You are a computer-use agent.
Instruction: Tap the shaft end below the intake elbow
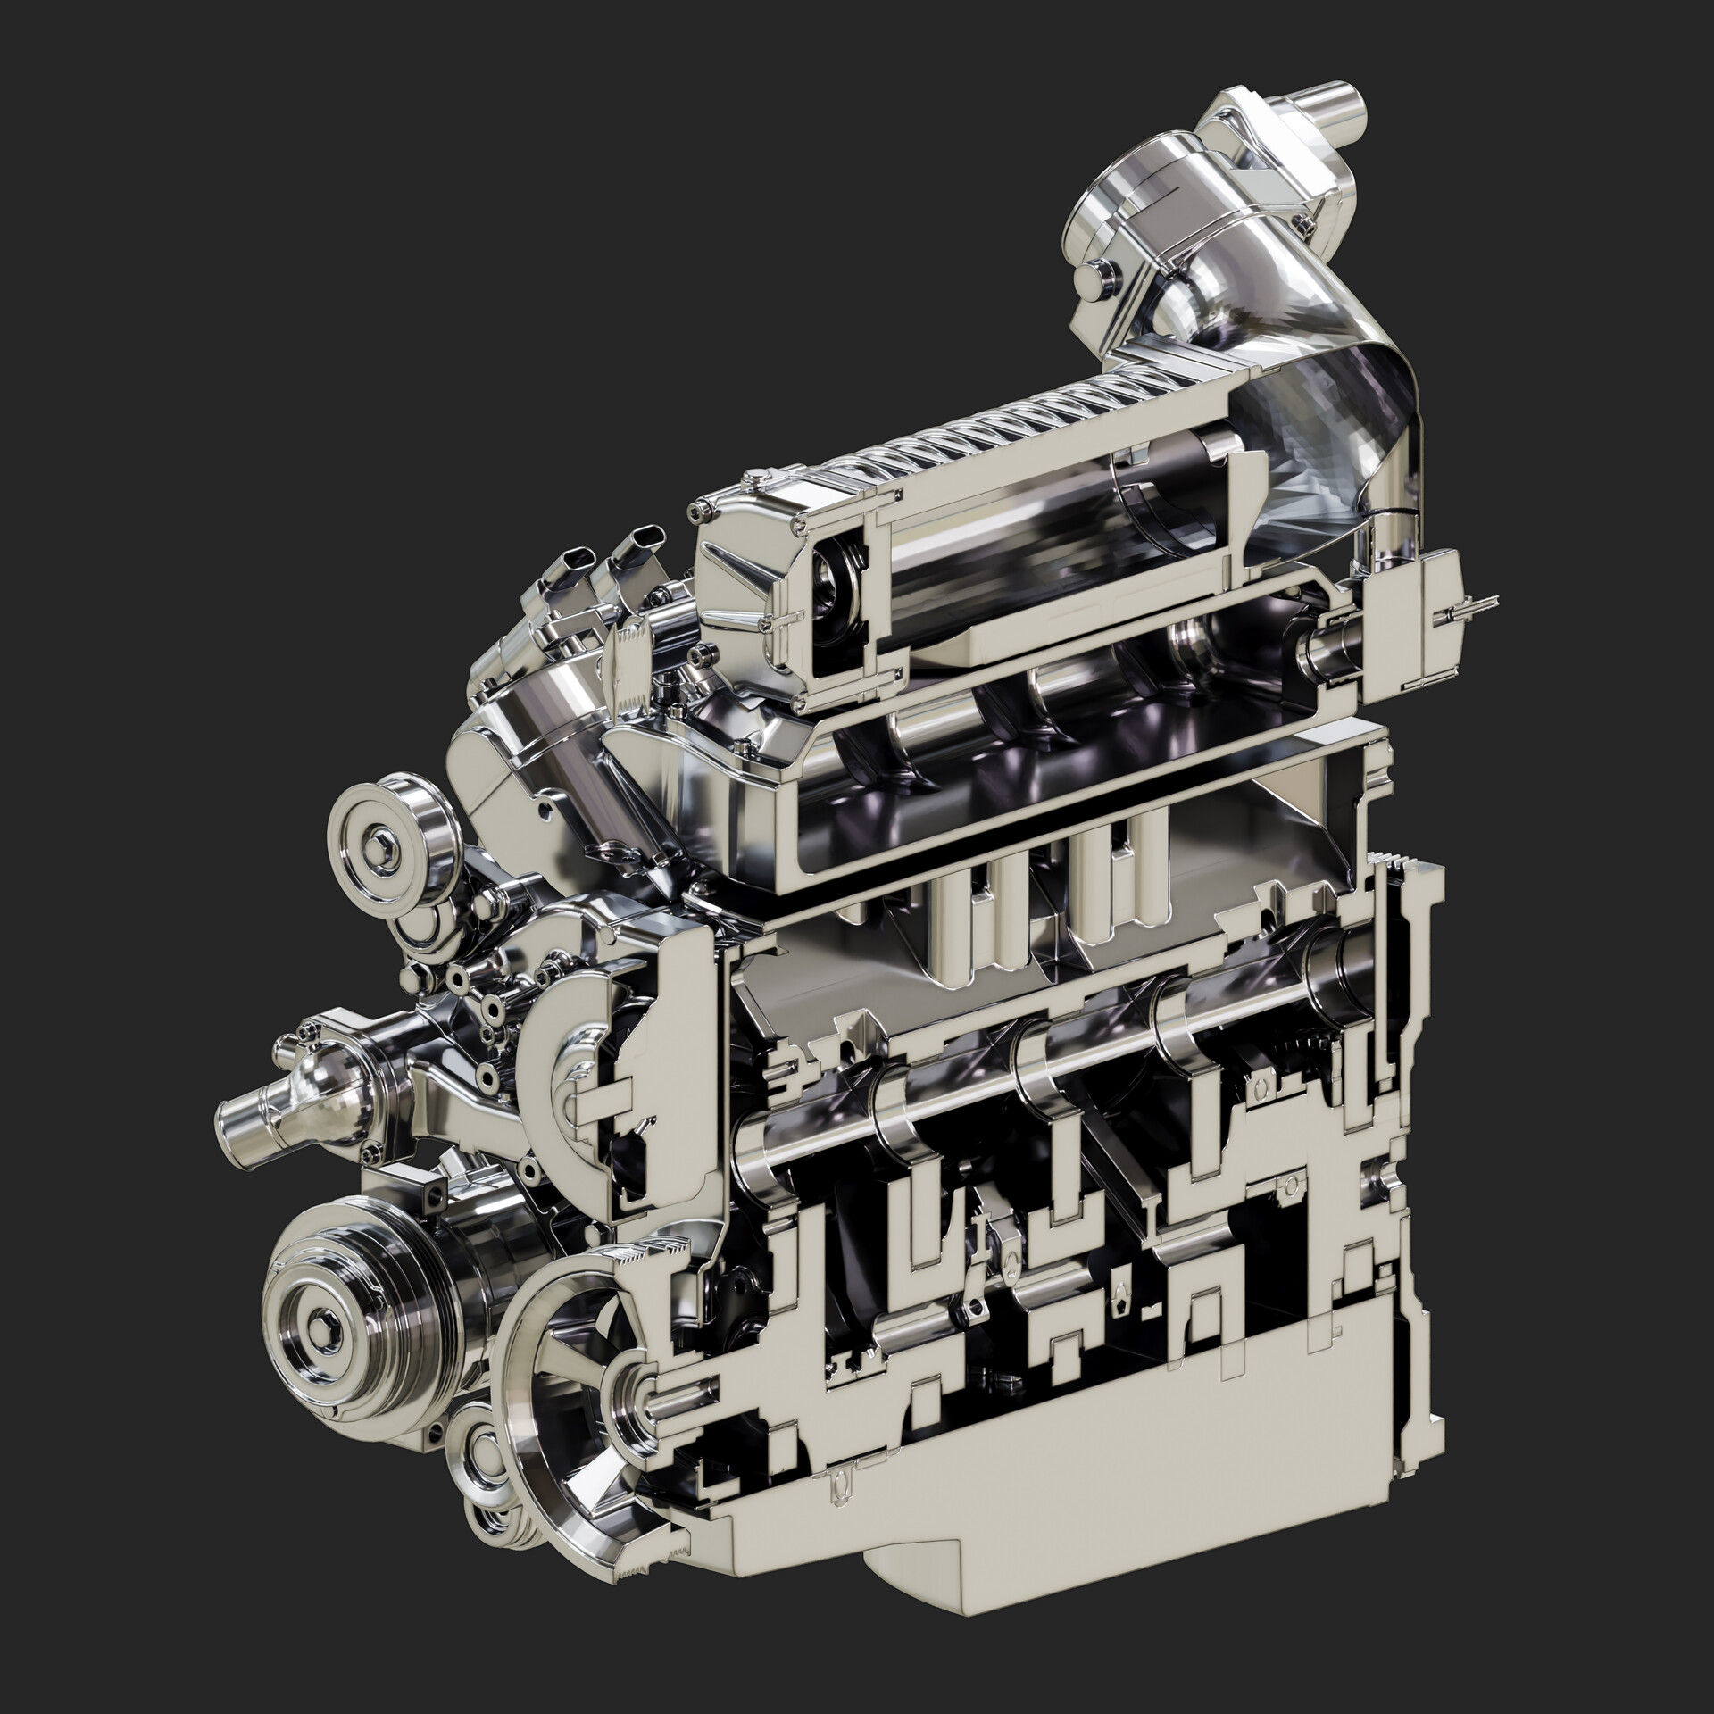pyautogui.click(x=1321, y=645)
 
